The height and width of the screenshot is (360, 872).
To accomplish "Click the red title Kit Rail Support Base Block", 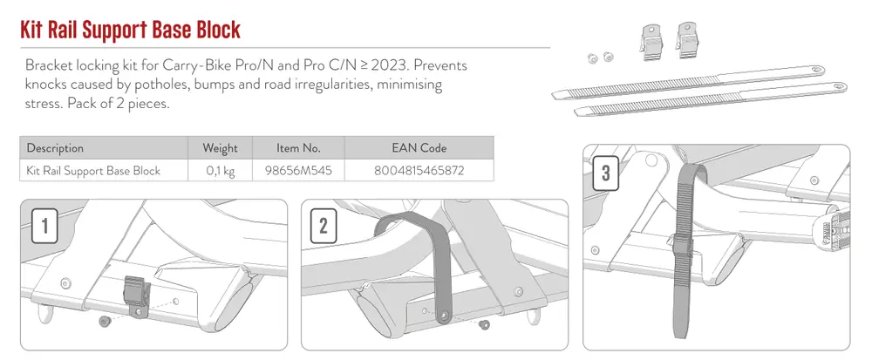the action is [x=131, y=30].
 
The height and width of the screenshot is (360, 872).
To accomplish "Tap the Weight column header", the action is [x=221, y=148].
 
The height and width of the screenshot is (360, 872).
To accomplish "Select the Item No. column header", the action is [x=298, y=148].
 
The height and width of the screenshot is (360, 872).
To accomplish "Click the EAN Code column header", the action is [x=419, y=148].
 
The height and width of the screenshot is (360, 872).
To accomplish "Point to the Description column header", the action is [x=55, y=148].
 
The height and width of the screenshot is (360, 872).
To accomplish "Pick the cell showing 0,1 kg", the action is [x=221, y=171].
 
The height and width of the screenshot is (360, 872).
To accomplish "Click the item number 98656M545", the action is [x=298, y=171].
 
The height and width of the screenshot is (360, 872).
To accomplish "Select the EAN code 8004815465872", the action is [x=419, y=171].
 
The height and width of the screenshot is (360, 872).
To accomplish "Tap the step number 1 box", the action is [x=44, y=227].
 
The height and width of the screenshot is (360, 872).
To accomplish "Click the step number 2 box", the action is [x=324, y=227].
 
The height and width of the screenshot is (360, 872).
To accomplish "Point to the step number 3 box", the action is [x=606, y=173].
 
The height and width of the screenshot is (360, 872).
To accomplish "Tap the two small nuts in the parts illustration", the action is [x=600, y=58].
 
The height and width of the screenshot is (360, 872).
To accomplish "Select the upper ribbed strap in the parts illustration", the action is [x=688, y=82].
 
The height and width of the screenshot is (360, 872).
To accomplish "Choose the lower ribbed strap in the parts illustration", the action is [x=710, y=99].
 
